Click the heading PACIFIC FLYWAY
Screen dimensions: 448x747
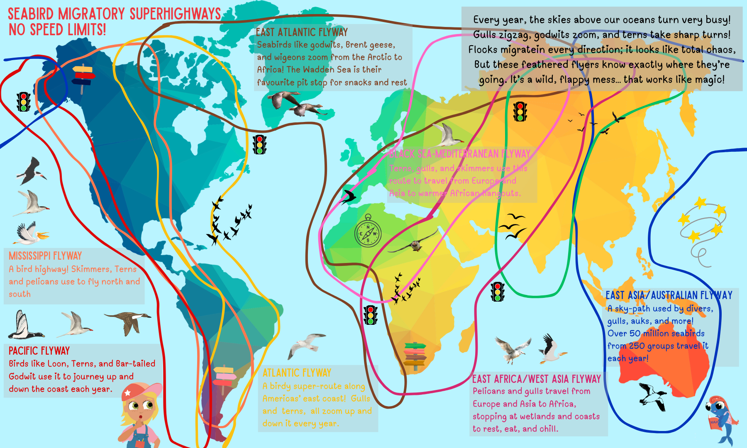pyautogui.click(x=39, y=351)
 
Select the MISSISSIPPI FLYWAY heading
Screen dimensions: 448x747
pyautogui.click(x=45, y=256)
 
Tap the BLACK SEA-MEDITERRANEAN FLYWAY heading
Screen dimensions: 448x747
pyautogui.click(x=460, y=154)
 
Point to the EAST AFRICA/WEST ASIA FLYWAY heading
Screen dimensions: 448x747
pyautogui.click(x=536, y=379)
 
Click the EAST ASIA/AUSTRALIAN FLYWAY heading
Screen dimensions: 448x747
pyautogui.click(x=669, y=295)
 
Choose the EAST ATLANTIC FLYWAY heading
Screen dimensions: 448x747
pyautogui.click(x=302, y=32)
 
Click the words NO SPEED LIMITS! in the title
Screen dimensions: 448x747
pyautogui.click(x=57, y=30)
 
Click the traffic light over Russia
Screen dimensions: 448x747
pyautogui.click(x=520, y=111)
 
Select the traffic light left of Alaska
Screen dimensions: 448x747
pyautogui.click(x=24, y=101)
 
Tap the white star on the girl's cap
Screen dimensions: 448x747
pyautogui.click(x=127, y=392)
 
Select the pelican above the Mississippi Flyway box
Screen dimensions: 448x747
pyautogui.click(x=30, y=233)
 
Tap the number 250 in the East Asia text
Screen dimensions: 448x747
pyautogui.click(x=637, y=346)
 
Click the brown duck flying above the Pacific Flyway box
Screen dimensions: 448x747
pyautogui.click(x=129, y=321)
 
